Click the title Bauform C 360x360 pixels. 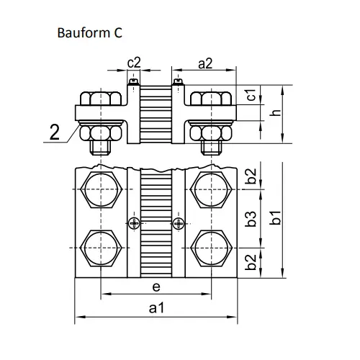[89, 32]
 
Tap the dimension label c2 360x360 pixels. [134, 63]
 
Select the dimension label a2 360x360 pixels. [205, 64]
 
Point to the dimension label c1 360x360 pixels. [251, 95]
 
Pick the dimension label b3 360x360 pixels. [251, 219]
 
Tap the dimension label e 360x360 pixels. [156, 287]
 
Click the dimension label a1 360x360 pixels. [157, 307]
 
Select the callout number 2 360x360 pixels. [55, 132]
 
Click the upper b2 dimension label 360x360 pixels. [251, 176]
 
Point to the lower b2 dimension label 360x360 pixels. [251, 262]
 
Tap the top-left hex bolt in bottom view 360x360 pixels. [101, 189]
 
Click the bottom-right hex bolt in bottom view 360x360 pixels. [211, 248]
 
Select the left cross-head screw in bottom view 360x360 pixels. [134, 223]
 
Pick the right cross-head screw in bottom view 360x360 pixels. [179, 223]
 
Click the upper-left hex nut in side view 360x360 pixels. [101, 98]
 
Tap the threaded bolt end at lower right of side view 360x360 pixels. [211, 148]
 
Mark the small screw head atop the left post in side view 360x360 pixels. [133, 82]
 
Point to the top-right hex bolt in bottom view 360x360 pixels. [211, 189]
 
